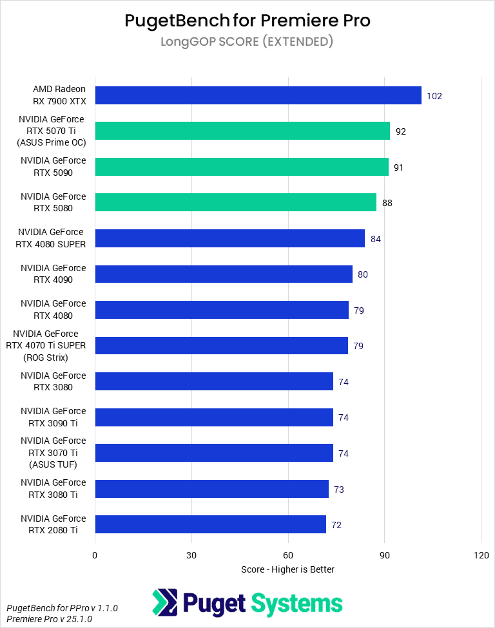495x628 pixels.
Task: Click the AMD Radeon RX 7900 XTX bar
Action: [x=258, y=95]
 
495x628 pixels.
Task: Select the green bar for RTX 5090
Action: [x=242, y=167]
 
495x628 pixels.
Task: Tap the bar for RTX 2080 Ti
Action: [x=210, y=524]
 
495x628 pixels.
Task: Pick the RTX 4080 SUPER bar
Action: [x=229, y=238]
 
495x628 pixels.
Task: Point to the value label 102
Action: [x=434, y=96]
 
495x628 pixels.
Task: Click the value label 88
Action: [x=387, y=203]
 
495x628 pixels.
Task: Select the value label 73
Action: [x=338, y=490]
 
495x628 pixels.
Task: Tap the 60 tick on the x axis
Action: [x=288, y=555]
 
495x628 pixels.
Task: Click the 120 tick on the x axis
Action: [x=481, y=555]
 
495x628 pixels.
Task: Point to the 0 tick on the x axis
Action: [x=95, y=555]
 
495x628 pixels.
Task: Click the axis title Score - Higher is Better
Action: [x=287, y=569]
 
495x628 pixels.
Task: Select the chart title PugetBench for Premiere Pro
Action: [x=247, y=21]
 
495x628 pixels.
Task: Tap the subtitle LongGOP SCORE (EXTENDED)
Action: [x=247, y=42]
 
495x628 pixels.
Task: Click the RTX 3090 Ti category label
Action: [x=53, y=417]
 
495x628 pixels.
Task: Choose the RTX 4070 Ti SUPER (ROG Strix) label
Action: [x=50, y=345]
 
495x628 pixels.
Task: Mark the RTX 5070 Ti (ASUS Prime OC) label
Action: [x=52, y=131]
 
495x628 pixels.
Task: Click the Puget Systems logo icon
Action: [x=164, y=603]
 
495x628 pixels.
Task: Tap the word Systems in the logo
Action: [x=296, y=604]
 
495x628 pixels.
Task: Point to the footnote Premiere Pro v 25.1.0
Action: [x=49, y=619]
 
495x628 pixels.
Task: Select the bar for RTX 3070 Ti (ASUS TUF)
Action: [x=214, y=453]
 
